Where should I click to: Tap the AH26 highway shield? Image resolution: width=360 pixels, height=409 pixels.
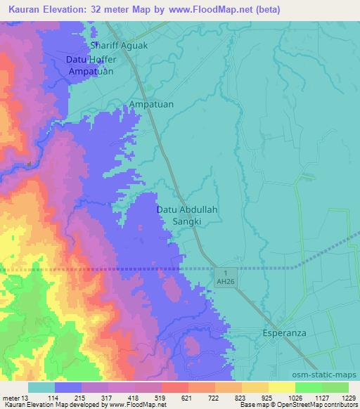coord(224,276)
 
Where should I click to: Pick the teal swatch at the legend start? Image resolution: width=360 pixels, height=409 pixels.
coord(41,387)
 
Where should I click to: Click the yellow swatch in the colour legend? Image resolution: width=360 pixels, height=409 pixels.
coord(281,387)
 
